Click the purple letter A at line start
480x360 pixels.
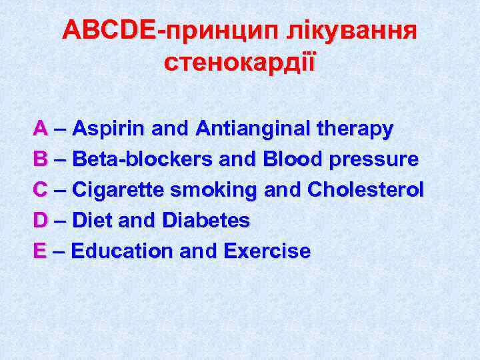(x=40, y=127)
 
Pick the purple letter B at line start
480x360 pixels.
(x=40, y=159)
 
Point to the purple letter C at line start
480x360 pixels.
(x=40, y=189)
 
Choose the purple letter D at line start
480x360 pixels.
(x=40, y=220)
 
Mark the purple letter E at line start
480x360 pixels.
(x=39, y=251)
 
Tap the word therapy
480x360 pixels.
(x=356, y=129)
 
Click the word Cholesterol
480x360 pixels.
(x=365, y=189)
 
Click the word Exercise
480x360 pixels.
(x=267, y=251)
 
